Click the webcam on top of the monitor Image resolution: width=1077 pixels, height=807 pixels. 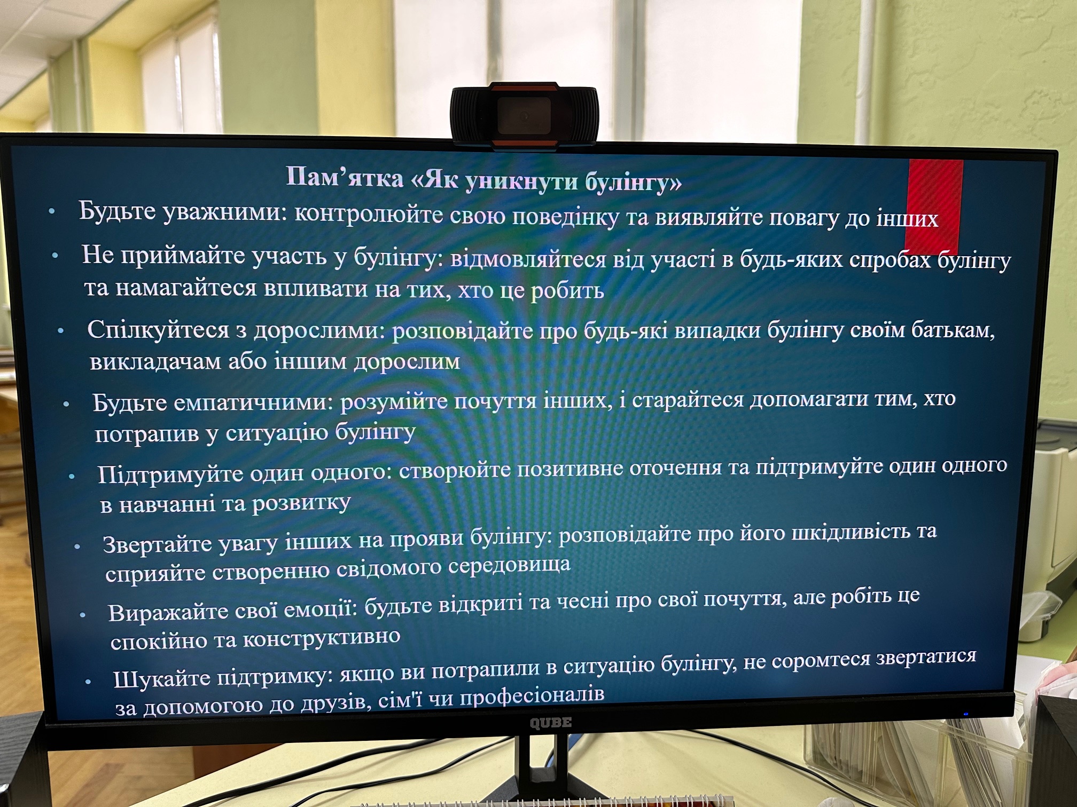coord(525,114)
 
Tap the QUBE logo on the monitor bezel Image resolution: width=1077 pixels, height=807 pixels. coord(550,723)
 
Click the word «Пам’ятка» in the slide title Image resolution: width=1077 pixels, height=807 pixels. coord(345,177)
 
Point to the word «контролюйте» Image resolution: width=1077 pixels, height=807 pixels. coord(369,215)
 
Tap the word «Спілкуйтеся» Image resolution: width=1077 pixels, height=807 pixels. coord(158,330)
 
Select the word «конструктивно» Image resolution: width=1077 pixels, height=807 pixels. coord(322,637)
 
